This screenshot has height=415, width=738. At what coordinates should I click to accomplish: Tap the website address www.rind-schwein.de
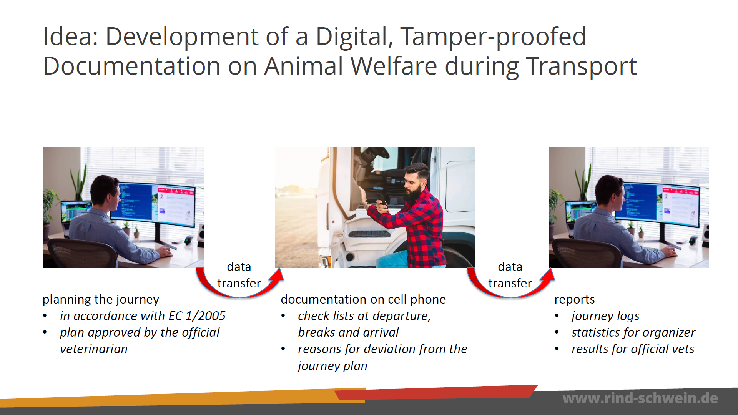(640, 398)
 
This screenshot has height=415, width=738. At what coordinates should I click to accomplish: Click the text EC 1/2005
(197, 316)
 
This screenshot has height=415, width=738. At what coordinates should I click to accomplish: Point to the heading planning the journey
(101, 299)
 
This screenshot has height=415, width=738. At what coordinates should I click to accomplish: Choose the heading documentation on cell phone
(363, 299)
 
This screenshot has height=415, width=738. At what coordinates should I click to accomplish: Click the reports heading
(574, 300)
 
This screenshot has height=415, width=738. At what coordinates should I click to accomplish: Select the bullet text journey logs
(605, 316)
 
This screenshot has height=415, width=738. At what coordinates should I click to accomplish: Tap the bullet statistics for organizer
(633, 332)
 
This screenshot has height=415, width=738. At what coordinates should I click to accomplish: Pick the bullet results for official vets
(633, 349)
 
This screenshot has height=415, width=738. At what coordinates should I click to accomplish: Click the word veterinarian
(94, 349)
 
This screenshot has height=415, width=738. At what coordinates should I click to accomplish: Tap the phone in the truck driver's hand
(382, 200)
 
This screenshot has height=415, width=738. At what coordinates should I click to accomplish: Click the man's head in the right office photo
(609, 192)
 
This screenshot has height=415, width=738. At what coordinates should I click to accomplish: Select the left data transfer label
(239, 275)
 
